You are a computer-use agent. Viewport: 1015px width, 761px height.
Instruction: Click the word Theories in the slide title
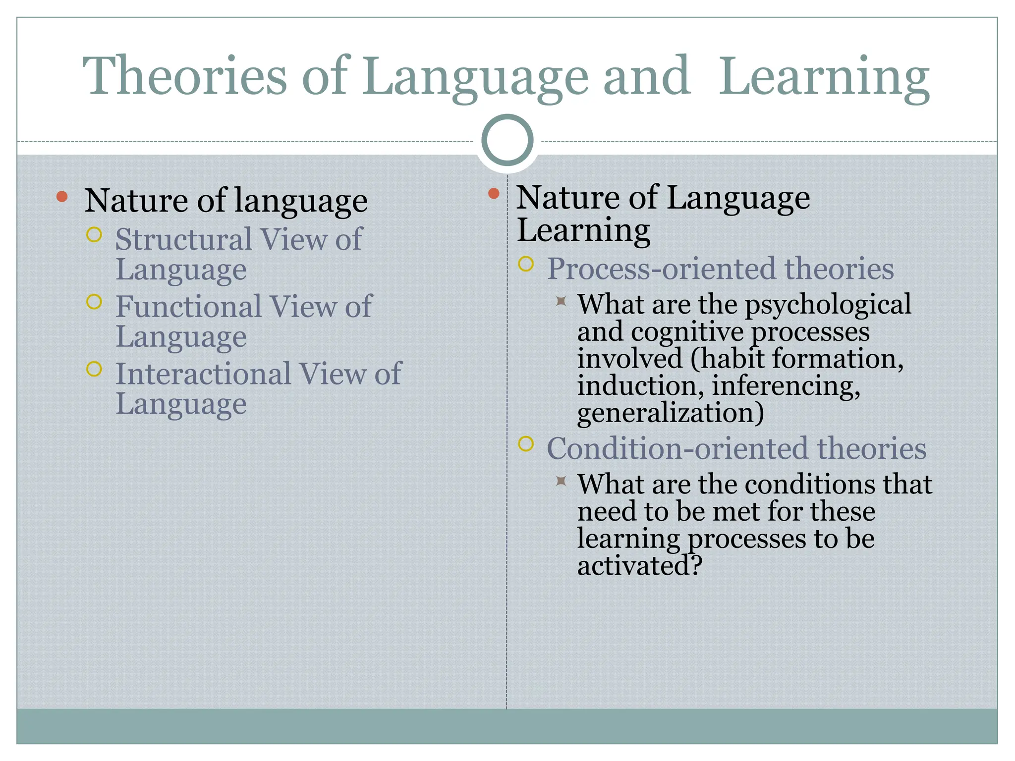click(x=184, y=75)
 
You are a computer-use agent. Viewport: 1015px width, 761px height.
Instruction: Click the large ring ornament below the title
click(x=507, y=140)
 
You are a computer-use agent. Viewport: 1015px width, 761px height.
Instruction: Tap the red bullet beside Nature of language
click(x=62, y=197)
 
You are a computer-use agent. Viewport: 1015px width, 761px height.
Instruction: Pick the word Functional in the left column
click(x=188, y=306)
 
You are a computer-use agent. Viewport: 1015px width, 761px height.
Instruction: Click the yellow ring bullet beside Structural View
click(x=94, y=234)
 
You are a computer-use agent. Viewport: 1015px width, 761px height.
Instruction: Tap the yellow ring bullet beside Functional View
click(x=94, y=301)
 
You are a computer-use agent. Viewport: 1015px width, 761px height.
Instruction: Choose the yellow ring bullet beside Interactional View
click(x=94, y=369)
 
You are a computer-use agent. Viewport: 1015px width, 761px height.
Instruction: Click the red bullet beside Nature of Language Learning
click(x=494, y=194)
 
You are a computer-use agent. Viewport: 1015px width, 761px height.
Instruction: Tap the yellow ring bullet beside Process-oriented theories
click(x=526, y=264)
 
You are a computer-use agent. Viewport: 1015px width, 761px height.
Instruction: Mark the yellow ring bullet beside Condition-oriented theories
click(x=526, y=444)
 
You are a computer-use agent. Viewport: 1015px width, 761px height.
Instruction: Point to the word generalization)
click(x=670, y=413)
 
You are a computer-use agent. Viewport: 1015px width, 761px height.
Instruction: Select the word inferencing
click(x=786, y=385)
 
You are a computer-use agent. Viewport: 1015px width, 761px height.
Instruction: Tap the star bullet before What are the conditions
click(x=561, y=480)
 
